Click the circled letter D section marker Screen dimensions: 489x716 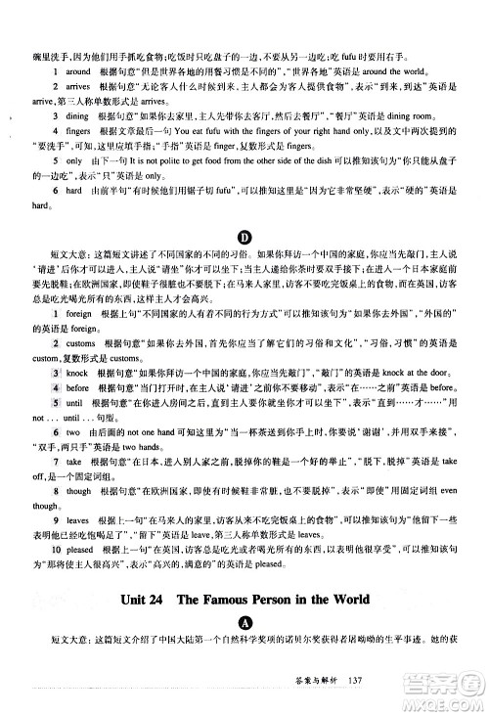pyautogui.click(x=244, y=261)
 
